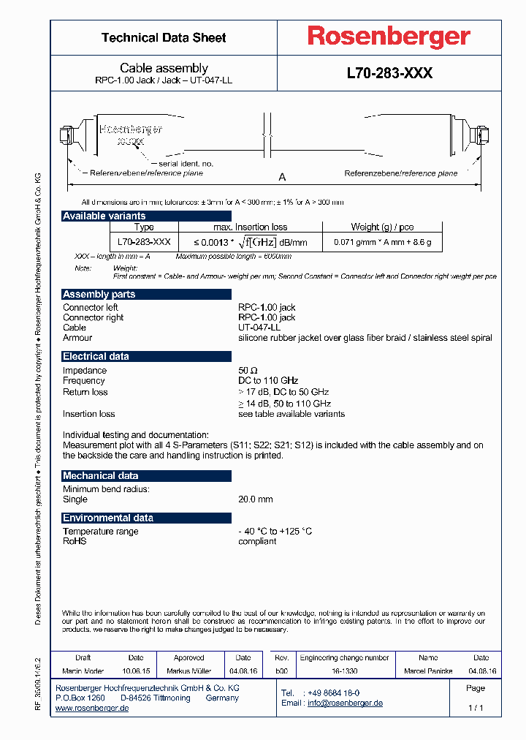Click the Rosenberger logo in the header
pyautogui.click(x=389, y=37)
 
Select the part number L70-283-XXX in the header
pyautogui.click(x=389, y=74)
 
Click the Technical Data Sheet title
pyautogui.click(x=164, y=37)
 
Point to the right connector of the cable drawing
pyautogui.click(x=479, y=136)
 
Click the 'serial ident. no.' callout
pyautogui.click(x=186, y=164)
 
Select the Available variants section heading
pyautogui.click(x=104, y=216)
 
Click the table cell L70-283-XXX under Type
pyautogui.click(x=144, y=242)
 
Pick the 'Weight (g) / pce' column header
pyautogui.click(x=382, y=227)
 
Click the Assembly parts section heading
pyautogui.click(x=99, y=294)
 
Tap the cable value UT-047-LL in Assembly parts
pyautogui.click(x=259, y=328)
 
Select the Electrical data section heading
pyautogui.click(x=96, y=356)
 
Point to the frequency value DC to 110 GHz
pyautogui.click(x=268, y=380)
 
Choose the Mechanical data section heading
pyautogui.click(x=101, y=475)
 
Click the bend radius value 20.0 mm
pyautogui.click(x=255, y=499)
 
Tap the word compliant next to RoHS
pyautogui.click(x=257, y=541)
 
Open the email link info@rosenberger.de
pyautogui.click(x=345, y=703)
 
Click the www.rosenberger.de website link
pyautogui.click(x=92, y=709)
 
